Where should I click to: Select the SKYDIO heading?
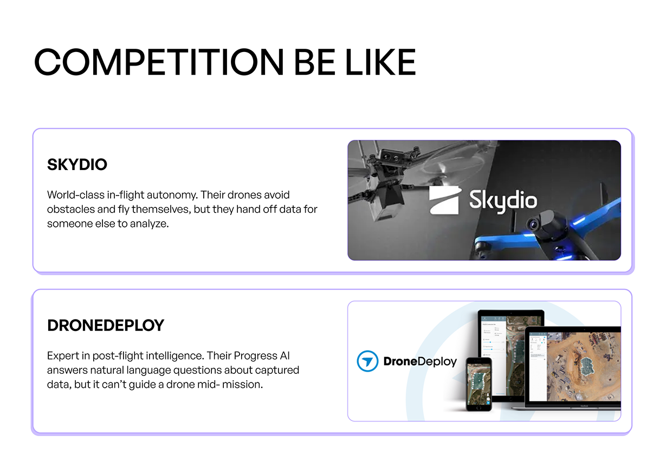coord(77,165)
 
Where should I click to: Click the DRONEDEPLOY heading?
coord(106,325)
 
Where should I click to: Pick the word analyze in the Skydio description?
coord(149,223)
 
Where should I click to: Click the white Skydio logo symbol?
coord(445,200)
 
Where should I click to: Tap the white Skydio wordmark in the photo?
coord(502,200)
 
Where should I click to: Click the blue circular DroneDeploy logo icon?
coord(367,361)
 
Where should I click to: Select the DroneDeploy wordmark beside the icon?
coord(420,361)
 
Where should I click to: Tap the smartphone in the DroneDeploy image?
coord(479,383)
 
